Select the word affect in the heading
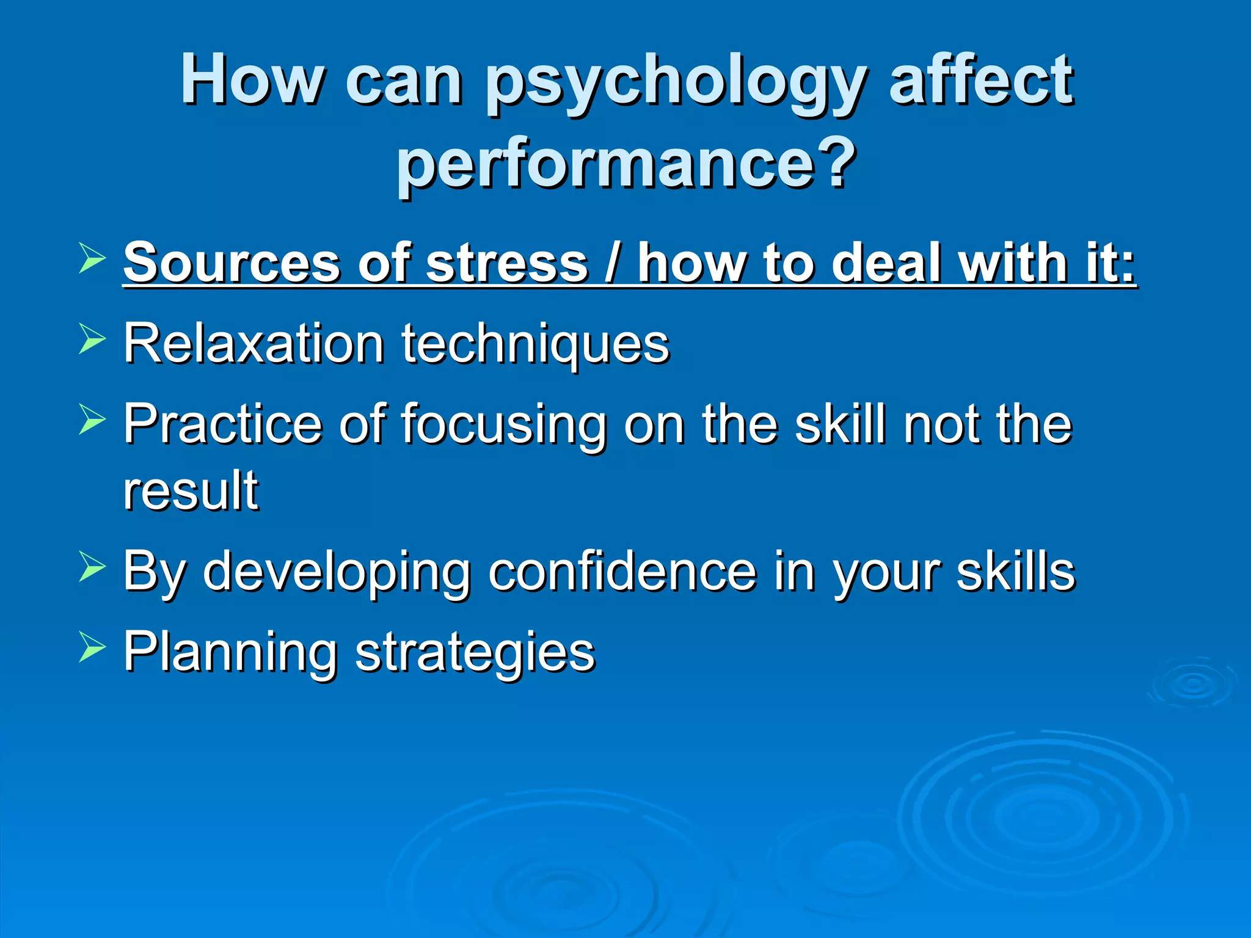pos(980,79)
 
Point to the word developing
pos(337,573)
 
